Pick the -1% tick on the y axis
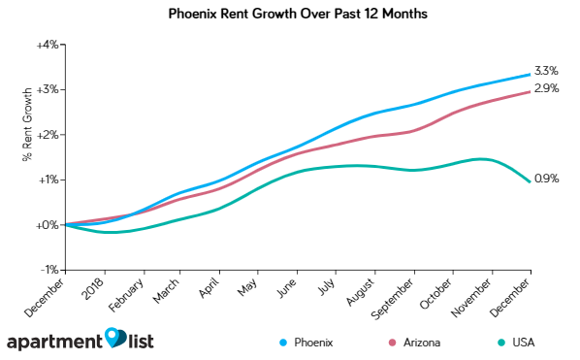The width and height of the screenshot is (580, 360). coord(48,270)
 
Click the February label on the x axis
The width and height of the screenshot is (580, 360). coord(127,295)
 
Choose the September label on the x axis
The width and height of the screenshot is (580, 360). coord(396,297)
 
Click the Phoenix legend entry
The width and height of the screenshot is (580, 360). coord(306,343)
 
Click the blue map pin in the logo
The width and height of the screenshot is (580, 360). coord(115,336)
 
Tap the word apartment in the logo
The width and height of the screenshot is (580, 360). coord(55,343)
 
